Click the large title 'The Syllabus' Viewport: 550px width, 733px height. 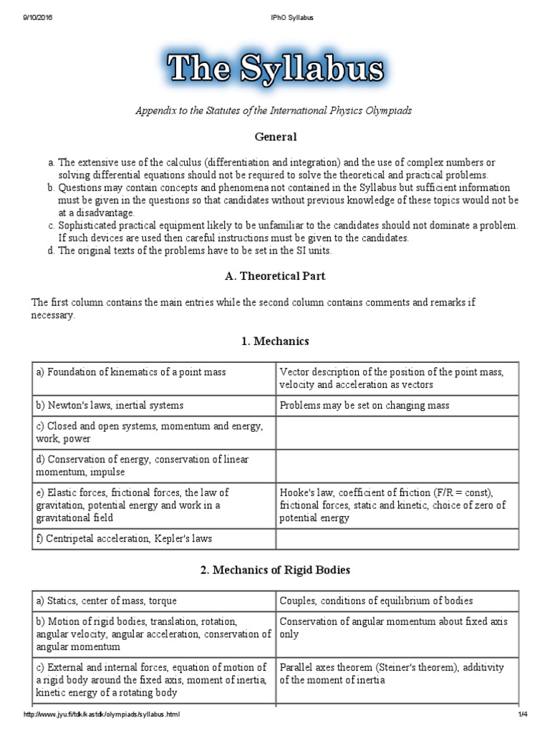275,69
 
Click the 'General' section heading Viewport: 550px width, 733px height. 276,136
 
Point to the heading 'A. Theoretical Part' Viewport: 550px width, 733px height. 275,276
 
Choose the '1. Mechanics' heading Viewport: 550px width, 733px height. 275,341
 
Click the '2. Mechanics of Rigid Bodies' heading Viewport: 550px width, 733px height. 275,570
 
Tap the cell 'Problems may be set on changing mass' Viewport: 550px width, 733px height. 365,405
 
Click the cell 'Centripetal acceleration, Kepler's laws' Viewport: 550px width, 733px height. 125,538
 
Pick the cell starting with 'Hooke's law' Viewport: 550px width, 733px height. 392,505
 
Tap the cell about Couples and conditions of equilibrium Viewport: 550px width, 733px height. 376,601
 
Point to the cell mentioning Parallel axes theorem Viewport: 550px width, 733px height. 392,673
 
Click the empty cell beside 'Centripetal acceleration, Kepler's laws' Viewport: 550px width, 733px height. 407,538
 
